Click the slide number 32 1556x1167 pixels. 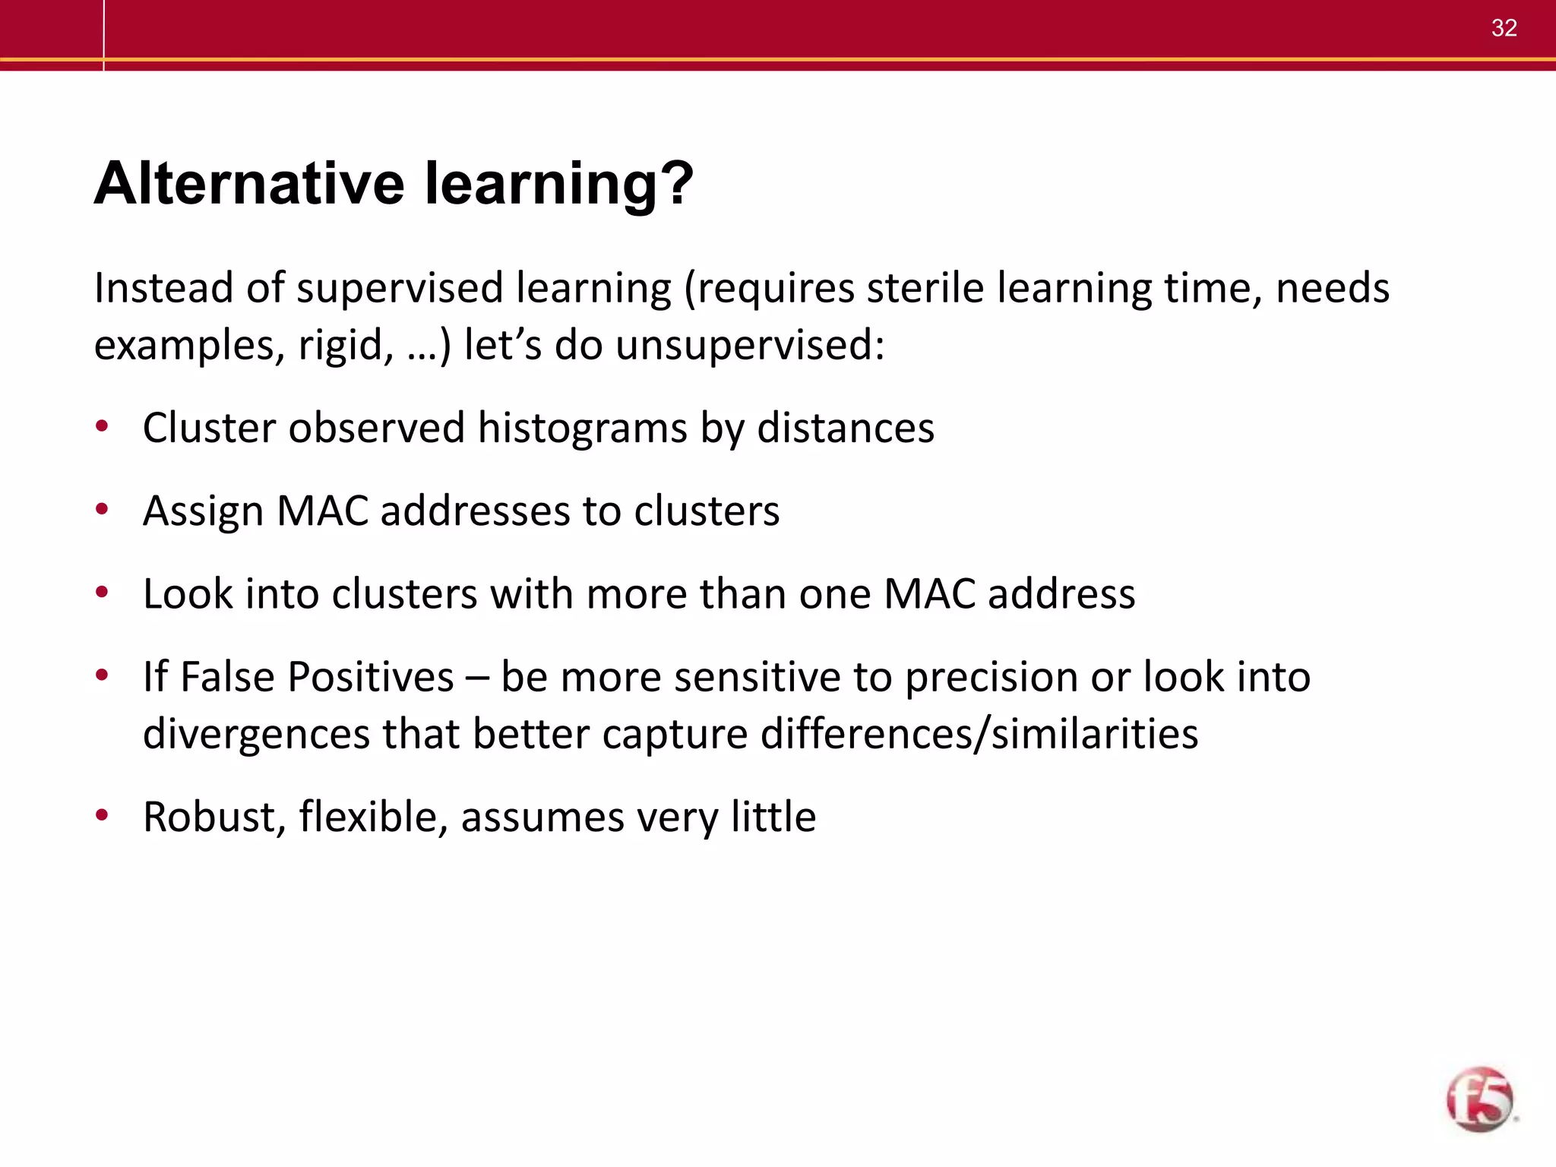point(1504,28)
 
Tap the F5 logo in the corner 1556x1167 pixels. point(1479,1099)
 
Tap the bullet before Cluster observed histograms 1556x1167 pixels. point(102,426)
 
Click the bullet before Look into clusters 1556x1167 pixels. point(102,592)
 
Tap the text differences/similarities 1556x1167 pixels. point(979,734)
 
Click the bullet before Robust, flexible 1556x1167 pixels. point(102,815)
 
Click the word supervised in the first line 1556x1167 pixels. point(400,288)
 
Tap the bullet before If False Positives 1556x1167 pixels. point(102,675)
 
